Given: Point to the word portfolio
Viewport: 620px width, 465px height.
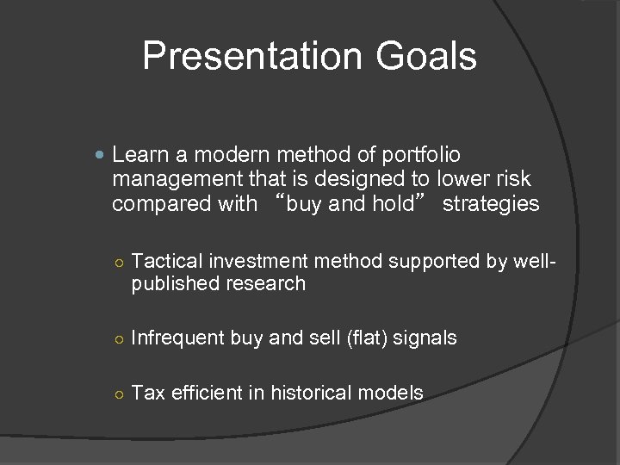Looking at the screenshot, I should click(x=419, y=155).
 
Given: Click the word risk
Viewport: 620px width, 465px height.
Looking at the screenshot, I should click(x=512, y=179).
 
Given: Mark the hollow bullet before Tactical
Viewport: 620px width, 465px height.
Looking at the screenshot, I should click(x=121, y=262).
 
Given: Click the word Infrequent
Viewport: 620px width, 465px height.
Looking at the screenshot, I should click(x=177, y=338).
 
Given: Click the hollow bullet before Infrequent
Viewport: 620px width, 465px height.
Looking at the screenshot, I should click(x=121, y=339).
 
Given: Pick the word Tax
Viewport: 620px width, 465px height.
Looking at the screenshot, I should click(x=148, y=394).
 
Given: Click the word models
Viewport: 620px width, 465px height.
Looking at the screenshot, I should click(x=392, y=394).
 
